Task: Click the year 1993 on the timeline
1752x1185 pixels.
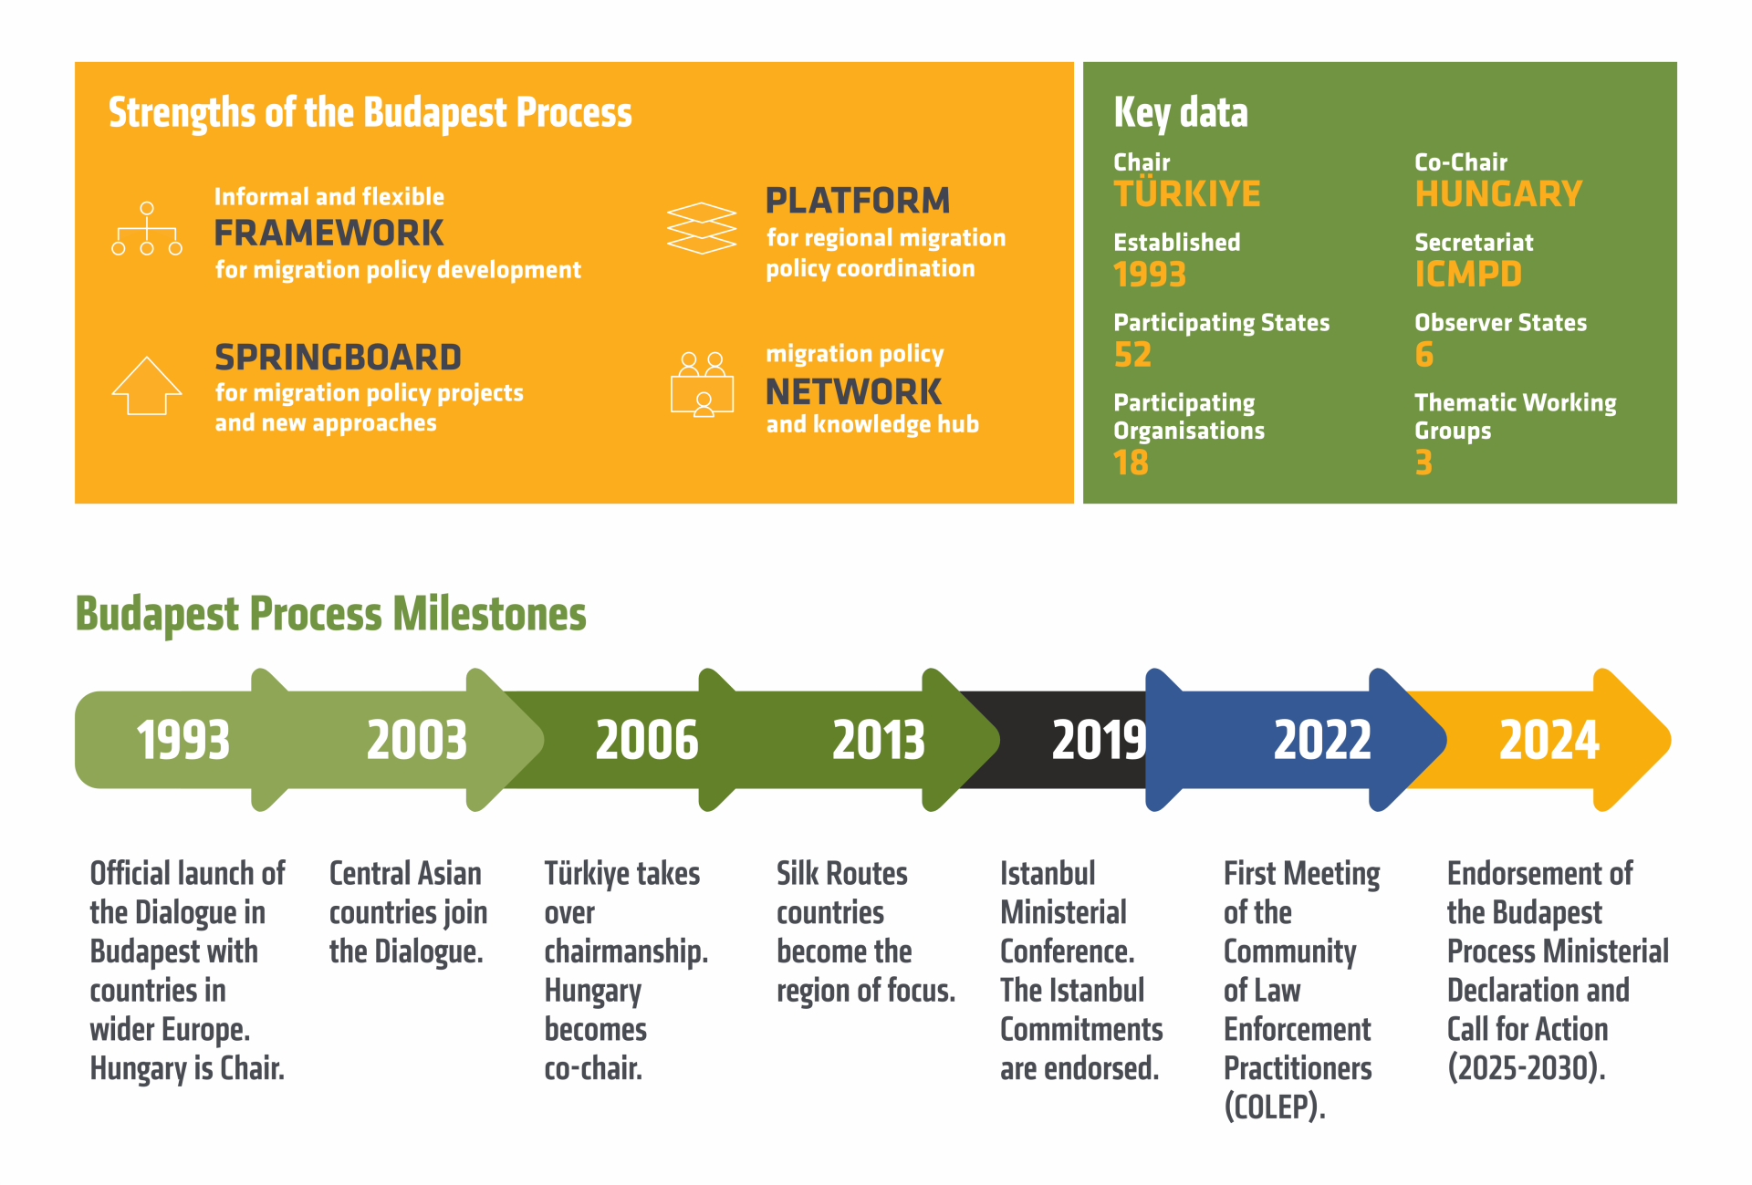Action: click(182, 740)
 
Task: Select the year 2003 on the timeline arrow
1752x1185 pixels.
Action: click(417, 740)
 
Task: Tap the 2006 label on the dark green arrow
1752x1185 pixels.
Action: click(647, 740)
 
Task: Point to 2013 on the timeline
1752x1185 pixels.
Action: click(879, 740)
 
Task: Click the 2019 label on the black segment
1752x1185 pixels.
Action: click(1099, 740)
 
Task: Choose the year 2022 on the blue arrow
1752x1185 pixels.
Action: click(1322, 740)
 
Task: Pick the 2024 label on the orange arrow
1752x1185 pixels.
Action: click(1549, 740)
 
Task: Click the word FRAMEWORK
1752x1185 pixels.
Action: click(328, 234)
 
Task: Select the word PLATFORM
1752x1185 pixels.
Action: click(858, 201)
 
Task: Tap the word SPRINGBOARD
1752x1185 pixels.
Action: click(338, 358)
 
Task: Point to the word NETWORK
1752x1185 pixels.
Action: click(853, 392)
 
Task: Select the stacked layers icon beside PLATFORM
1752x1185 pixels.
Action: click(702, 228)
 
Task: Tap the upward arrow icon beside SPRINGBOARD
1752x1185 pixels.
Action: click(147, 386)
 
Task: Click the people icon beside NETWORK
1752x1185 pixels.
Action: click(702, 384)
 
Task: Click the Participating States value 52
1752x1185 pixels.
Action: click(1132, 355)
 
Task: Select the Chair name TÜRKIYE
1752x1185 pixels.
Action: click(1187, 192)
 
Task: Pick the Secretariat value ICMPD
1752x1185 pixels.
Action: click(1468, 275)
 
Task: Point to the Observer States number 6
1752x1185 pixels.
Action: click(1424, 355)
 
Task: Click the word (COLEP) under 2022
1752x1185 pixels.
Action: click(1275, 1107)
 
